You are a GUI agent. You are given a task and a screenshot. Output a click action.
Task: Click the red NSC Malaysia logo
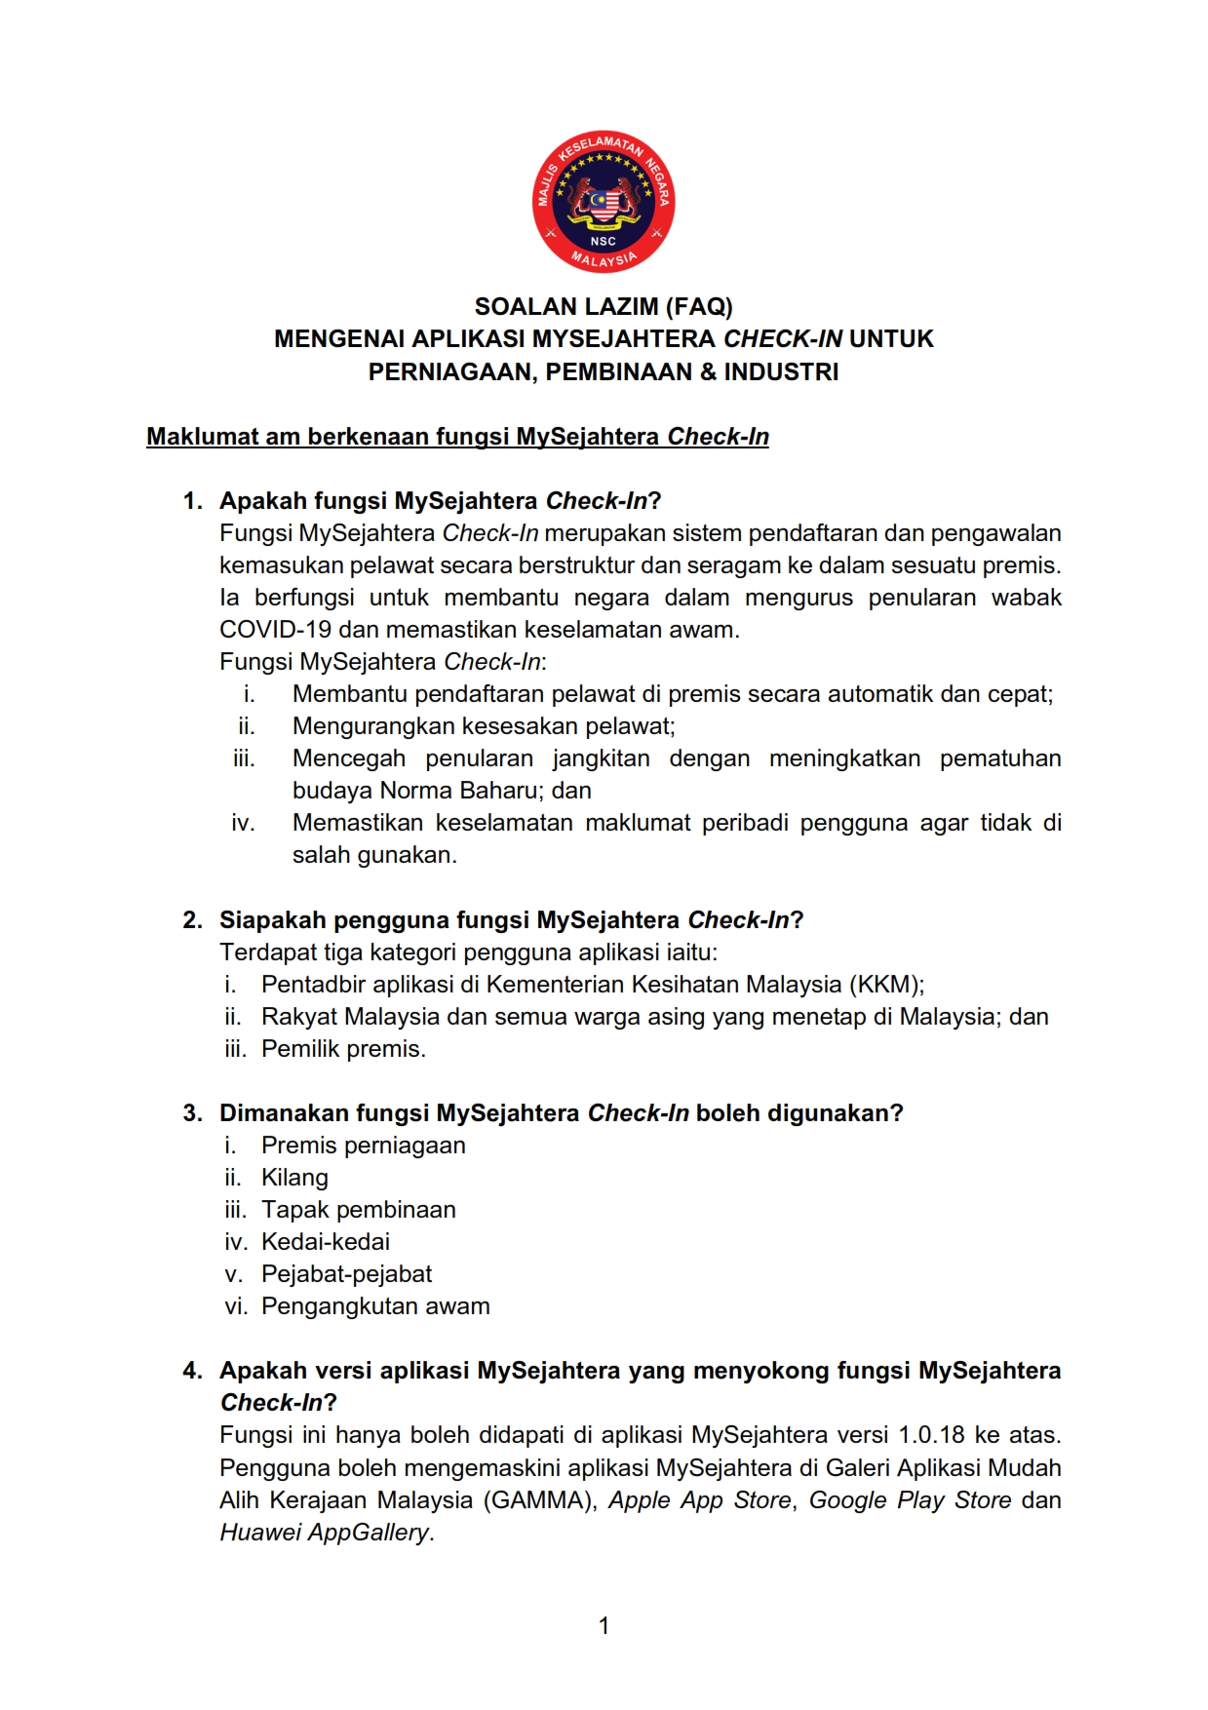click(x=604, y=202)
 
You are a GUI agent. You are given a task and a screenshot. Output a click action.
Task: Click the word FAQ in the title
click(x=698, y=307)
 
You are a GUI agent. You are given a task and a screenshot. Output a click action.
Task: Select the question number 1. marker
click(x=192, y=501)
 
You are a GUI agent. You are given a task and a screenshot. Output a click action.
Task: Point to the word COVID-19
click(x=275, y=630)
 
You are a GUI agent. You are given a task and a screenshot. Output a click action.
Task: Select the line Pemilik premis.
click(x=343, y=1049)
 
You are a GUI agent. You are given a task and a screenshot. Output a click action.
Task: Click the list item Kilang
click(x=294, y=1178)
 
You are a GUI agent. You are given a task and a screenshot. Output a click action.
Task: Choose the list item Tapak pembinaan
click(x=358, y=1210)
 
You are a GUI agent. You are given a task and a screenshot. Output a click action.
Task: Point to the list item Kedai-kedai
click(x=326, y=1242)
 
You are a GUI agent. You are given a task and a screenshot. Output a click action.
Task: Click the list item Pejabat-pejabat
click(x=346, y=1274)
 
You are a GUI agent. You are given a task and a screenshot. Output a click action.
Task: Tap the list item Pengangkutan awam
click(x=375, y=1306)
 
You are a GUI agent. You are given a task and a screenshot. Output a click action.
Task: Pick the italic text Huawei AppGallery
click(x=325, y=1533)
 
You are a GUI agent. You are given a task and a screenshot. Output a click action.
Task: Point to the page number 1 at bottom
click(x=604, y=1625)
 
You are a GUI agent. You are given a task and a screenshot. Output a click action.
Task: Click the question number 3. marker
click(x=192, y=1113)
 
